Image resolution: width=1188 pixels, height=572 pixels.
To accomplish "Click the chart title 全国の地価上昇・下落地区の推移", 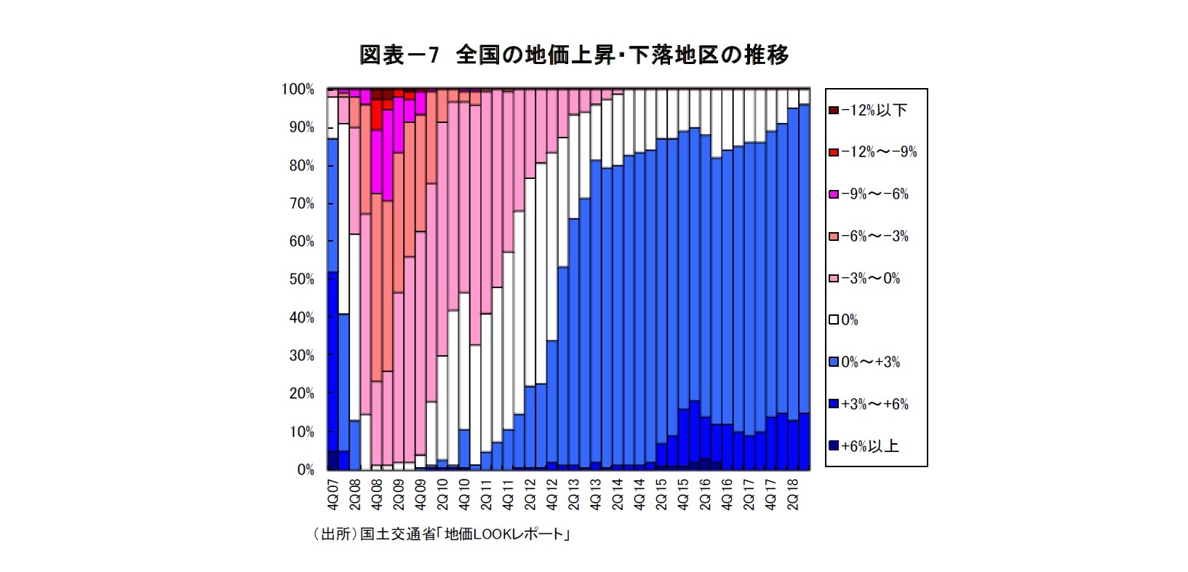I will click(x=574, y=55).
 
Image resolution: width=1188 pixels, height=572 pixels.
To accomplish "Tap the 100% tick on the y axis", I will click(x=298, y=90).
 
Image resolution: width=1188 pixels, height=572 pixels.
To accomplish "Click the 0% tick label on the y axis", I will click(x=306, y=470).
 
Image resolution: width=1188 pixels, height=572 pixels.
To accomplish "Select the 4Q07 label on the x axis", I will click(x=333, y=495).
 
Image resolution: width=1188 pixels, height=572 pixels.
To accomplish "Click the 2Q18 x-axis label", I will click(x=793, y=495).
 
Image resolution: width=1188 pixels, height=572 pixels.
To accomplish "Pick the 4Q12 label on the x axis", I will click(x=552, y=495).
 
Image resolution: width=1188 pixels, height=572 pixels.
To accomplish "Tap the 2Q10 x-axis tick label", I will click(x=442, y=495).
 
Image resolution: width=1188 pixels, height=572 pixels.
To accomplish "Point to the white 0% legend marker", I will click(x=834, y=320).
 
